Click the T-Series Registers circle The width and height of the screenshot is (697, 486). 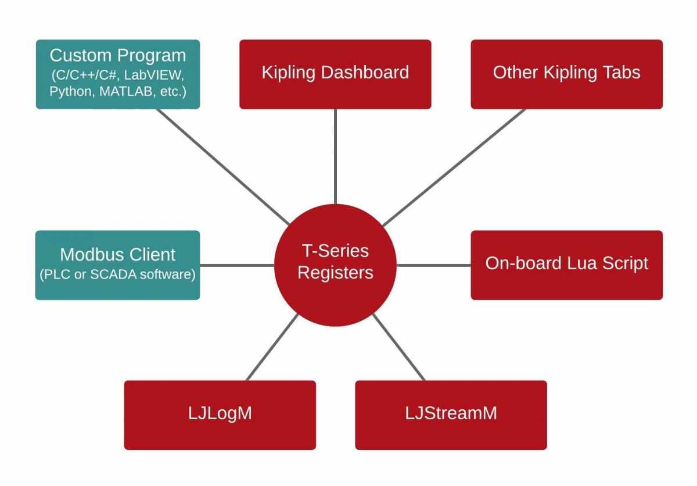(x=335, y=265)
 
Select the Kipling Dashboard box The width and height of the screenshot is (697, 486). (x=335, y=74)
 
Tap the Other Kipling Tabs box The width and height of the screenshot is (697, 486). (x=566, y=74)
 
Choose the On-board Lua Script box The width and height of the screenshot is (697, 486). (x=566, y=265)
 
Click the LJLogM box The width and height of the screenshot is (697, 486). (x=220, y=414)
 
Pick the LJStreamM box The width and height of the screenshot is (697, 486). (x=451, y=414)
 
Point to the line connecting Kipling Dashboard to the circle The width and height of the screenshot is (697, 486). (x=335, y=157)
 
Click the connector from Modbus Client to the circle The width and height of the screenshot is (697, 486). (x=236, y=265)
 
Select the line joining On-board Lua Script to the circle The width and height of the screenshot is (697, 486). (x=433, y=265)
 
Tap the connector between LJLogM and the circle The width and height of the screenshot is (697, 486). (x=272, y=348)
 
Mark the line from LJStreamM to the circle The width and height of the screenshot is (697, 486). (x=399, y=348)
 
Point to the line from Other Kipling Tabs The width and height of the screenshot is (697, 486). (x=453, y=167)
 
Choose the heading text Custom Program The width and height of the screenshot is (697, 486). (x=118, y=56)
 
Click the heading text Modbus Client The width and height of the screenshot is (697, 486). (x=118, y=255)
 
